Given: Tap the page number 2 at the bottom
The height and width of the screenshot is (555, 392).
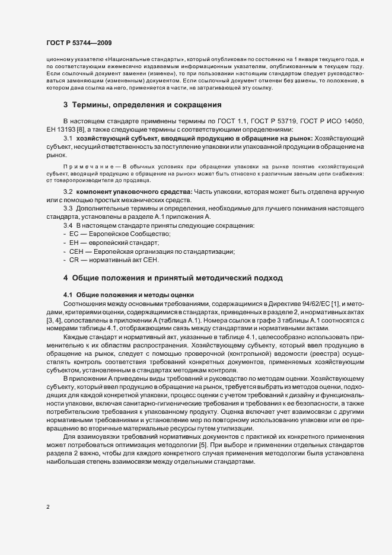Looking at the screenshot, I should tap(48, 507).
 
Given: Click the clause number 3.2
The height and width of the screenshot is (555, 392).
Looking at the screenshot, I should tap(68, 193).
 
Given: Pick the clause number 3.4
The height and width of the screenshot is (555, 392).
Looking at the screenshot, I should tap(68, 227).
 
